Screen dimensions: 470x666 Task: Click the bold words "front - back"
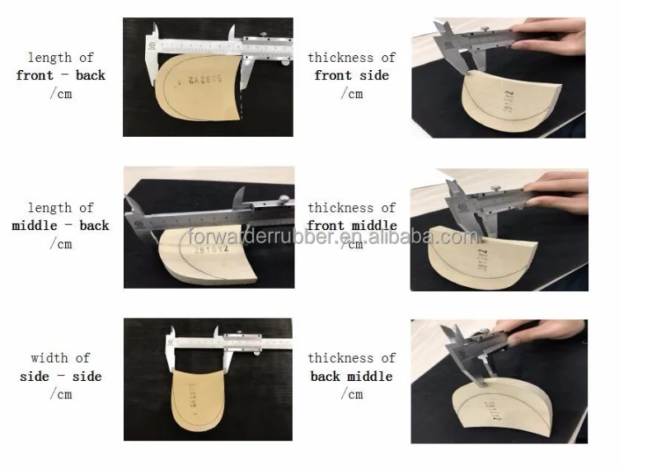click(61, 76)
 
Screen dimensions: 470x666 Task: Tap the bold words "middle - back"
click(60, 226)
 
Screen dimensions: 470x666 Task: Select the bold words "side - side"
click(61, 377)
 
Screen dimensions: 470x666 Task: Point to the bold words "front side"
click(351, 76)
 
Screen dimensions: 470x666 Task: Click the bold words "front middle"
click(351, 226)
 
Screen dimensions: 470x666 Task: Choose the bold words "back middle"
click(351, 377)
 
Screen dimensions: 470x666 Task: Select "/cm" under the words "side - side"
click(61, 395)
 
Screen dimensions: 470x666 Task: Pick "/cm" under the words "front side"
click(351, 94)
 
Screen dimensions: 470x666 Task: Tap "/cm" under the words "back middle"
click(351, 395)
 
